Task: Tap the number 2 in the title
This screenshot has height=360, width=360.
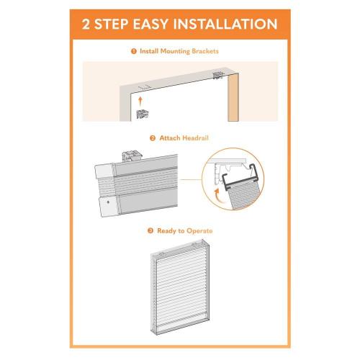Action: pos(88,24)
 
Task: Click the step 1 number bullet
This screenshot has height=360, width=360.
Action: pos(133,51)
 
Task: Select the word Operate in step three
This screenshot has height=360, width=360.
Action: pos(199,230)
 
